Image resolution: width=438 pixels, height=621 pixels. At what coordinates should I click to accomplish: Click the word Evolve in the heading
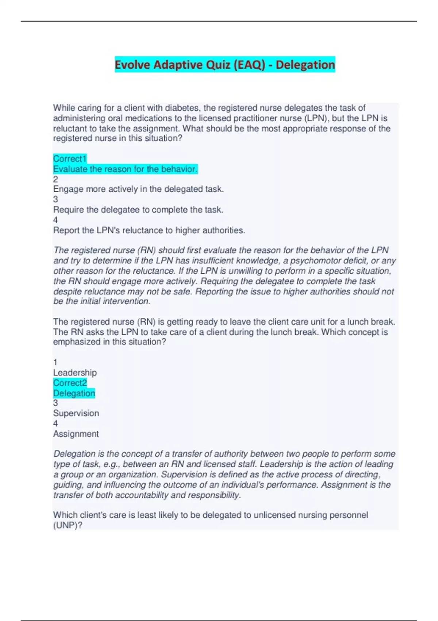coord(132,65)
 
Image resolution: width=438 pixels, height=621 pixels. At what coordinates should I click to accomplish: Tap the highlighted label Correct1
coord(70,159)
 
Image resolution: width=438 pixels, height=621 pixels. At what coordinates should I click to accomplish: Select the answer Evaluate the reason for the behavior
coord(125,169)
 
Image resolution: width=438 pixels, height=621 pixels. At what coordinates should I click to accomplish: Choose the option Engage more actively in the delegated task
coord(138,189)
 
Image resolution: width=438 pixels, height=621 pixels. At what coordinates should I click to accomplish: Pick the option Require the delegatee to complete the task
coord(138,210)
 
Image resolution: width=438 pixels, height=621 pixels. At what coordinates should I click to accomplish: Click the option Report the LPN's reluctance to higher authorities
coord(149,230)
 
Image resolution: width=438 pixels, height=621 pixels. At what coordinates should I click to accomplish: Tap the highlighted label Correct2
coord(70,383)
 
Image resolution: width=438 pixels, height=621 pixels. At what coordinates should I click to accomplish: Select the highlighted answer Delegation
coord(74,393)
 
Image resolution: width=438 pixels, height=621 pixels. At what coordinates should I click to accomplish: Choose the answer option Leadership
coord(75,373)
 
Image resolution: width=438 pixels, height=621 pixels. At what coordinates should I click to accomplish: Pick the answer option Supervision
coord(76,413)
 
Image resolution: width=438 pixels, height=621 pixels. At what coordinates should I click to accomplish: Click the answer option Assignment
coord(76,434)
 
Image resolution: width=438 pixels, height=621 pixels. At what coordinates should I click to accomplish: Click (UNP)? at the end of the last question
coord(68,525)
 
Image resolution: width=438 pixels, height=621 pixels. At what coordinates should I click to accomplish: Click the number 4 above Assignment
coord(55,423)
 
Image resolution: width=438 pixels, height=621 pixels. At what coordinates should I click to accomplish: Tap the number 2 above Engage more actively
coord(55,179)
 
